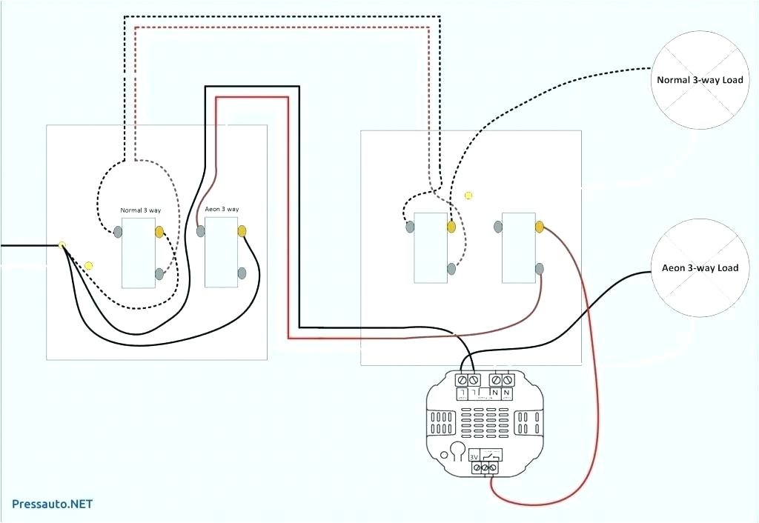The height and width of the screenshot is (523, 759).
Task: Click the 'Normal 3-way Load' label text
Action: tap(699, 79)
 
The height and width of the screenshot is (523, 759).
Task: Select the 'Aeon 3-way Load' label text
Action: tap(700, 267)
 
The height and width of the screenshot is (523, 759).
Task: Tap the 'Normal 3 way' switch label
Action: tap(141, 210)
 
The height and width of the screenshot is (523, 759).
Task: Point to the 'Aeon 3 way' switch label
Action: tap(222, 210)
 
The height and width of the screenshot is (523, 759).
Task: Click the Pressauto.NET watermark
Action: tap(52, 504)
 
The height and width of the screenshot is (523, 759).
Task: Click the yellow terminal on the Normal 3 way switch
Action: tap(159, 232)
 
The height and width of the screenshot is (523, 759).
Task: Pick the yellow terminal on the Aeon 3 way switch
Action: tap(242, 231)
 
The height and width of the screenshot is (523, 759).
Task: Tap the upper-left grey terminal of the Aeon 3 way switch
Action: tap(201, 231)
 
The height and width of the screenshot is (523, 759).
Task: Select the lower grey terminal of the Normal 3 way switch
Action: tap(159, 275)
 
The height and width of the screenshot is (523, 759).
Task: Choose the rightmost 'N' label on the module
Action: tap(507, 392)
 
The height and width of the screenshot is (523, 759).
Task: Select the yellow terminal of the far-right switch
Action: tap(540, 226)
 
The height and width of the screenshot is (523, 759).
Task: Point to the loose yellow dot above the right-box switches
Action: tap(468, 196)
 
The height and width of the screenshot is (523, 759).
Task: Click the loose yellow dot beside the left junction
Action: tap(89, 264)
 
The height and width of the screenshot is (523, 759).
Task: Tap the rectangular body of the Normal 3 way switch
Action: tap(139, 253)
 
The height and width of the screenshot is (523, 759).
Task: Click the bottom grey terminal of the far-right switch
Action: tap(540, 268)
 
